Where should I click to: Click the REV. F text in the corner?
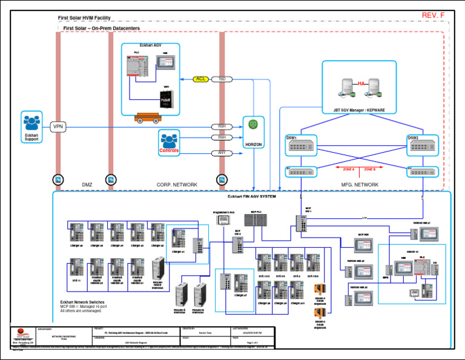[432, 15]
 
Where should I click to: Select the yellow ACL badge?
[202, 79]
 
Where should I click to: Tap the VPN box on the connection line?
[58, 127]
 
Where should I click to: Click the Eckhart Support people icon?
[31, 121]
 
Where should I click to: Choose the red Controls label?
[170, 150]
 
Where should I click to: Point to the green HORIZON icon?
[254, 125]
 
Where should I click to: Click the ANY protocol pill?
[222, 153]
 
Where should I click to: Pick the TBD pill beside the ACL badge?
[222, 79]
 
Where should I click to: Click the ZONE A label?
[348, 169]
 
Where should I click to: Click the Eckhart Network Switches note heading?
[82, 302]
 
